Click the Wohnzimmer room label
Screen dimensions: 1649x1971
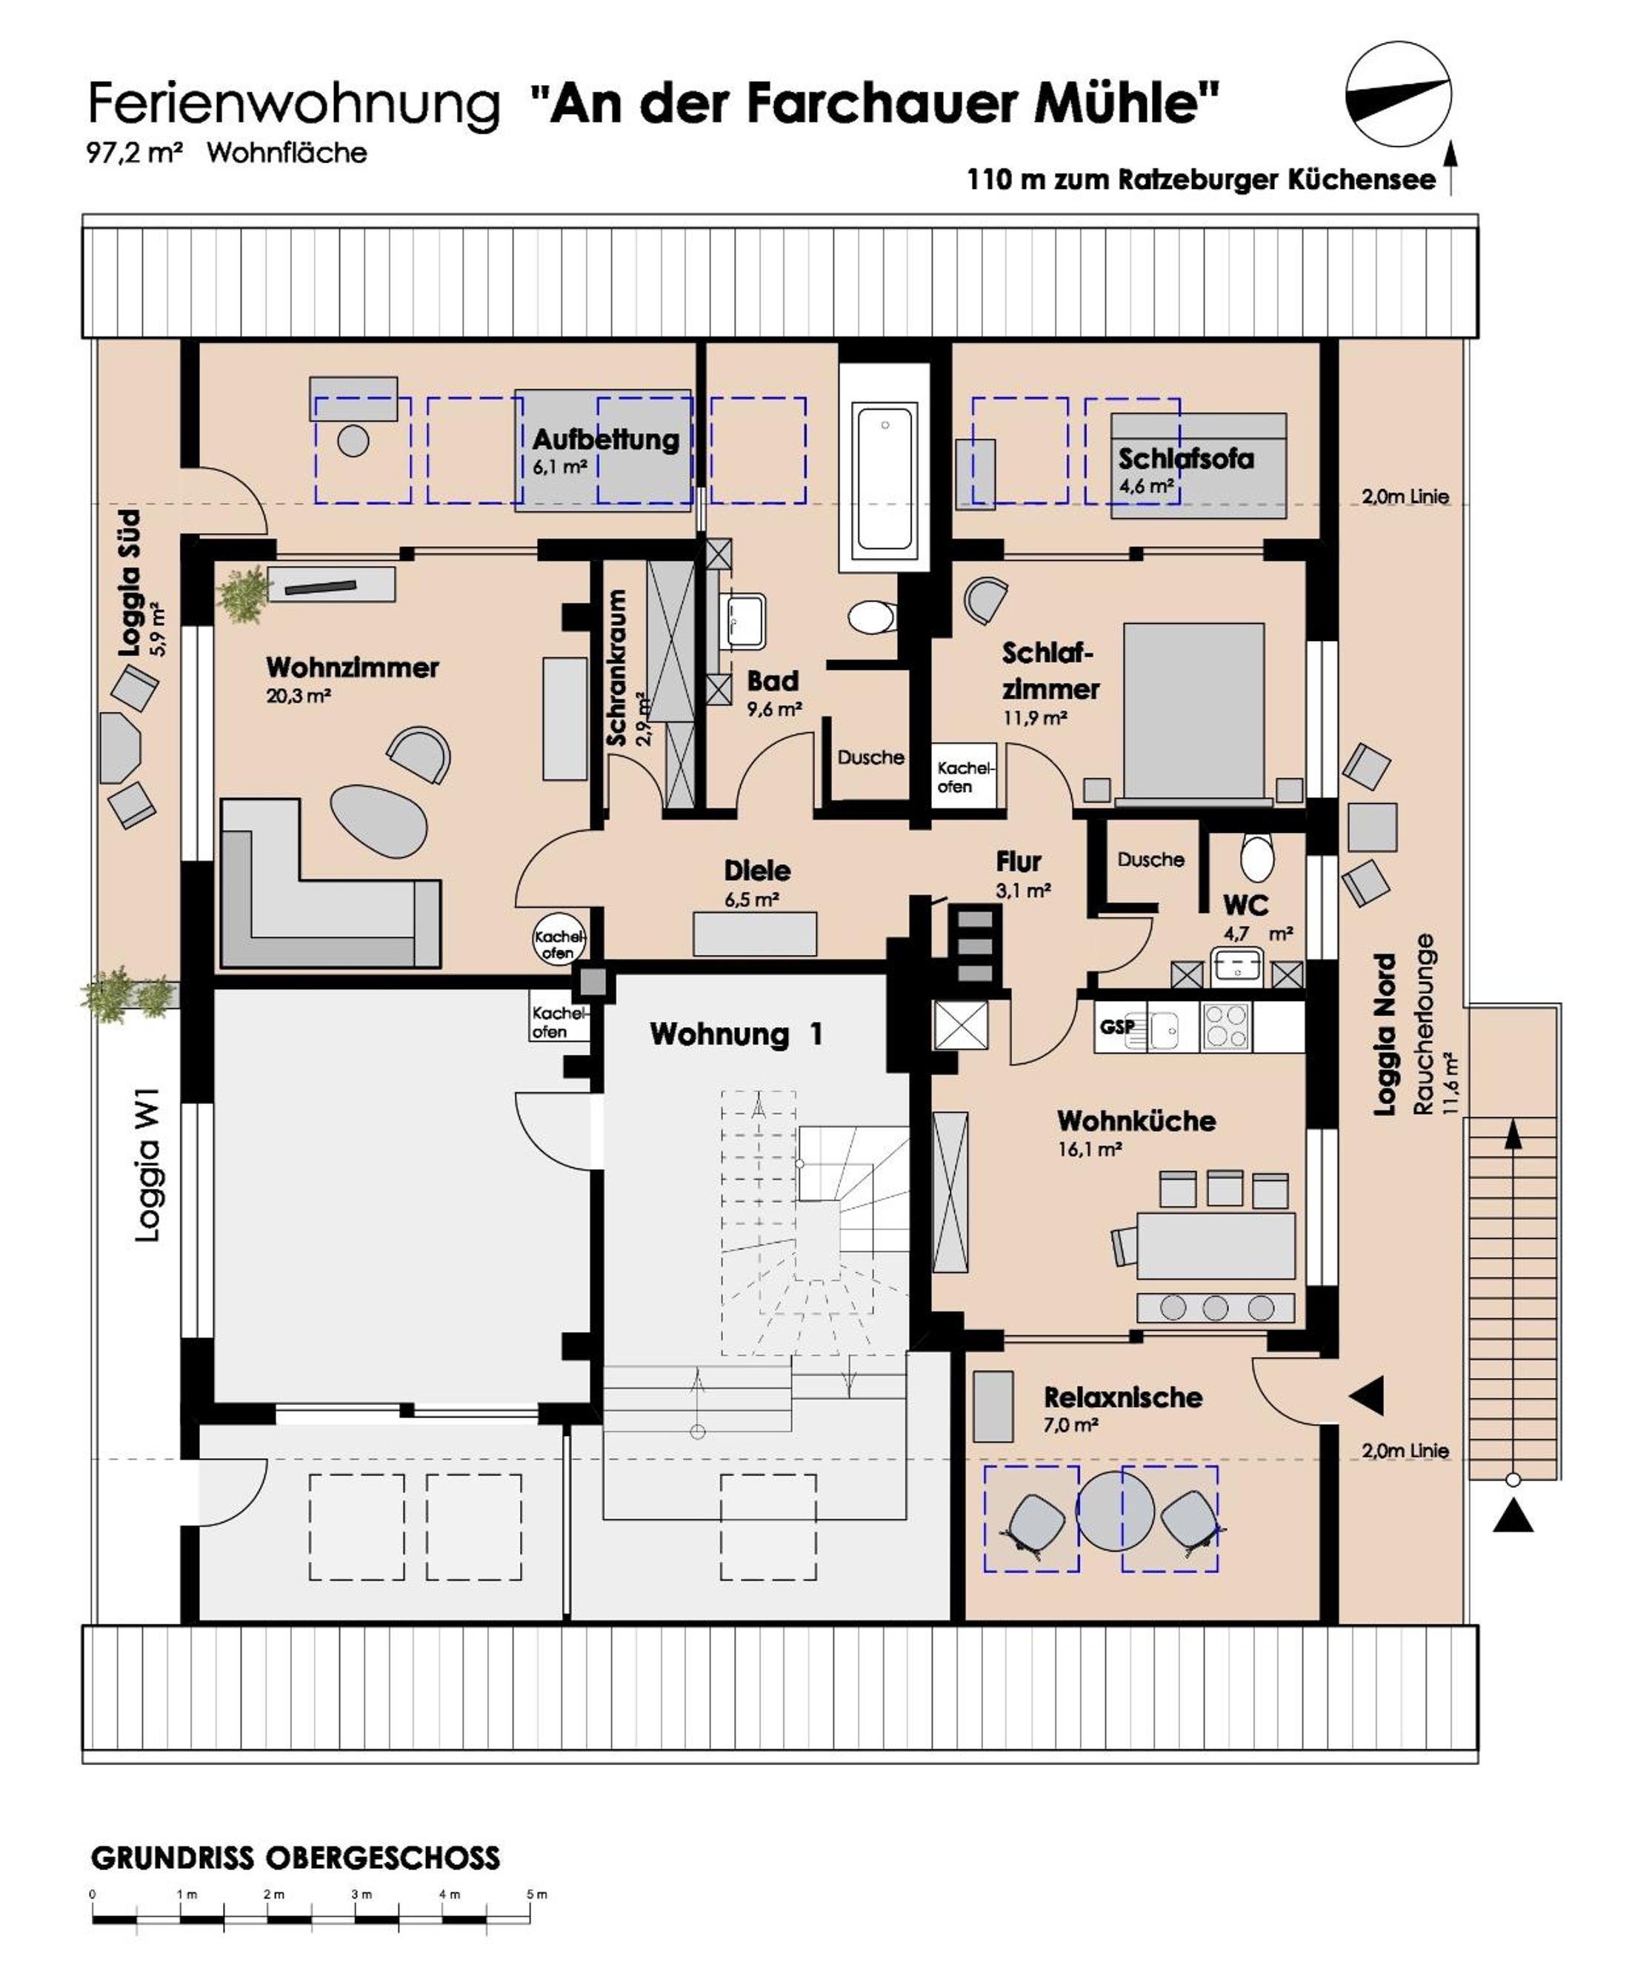[352, 668]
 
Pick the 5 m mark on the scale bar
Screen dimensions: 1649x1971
[536, 1894]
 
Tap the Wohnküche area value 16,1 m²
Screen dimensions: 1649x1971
[1090, 1149]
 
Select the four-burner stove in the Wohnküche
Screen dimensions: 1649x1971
[1226, 1026]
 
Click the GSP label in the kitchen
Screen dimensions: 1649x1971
[1117, 1027]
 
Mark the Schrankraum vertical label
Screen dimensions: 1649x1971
[616, 668]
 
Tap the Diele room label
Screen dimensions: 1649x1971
[756, 870]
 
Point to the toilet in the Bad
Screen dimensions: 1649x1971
[872, 617]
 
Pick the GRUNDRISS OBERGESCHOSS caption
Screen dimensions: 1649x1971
[296, 1858]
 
